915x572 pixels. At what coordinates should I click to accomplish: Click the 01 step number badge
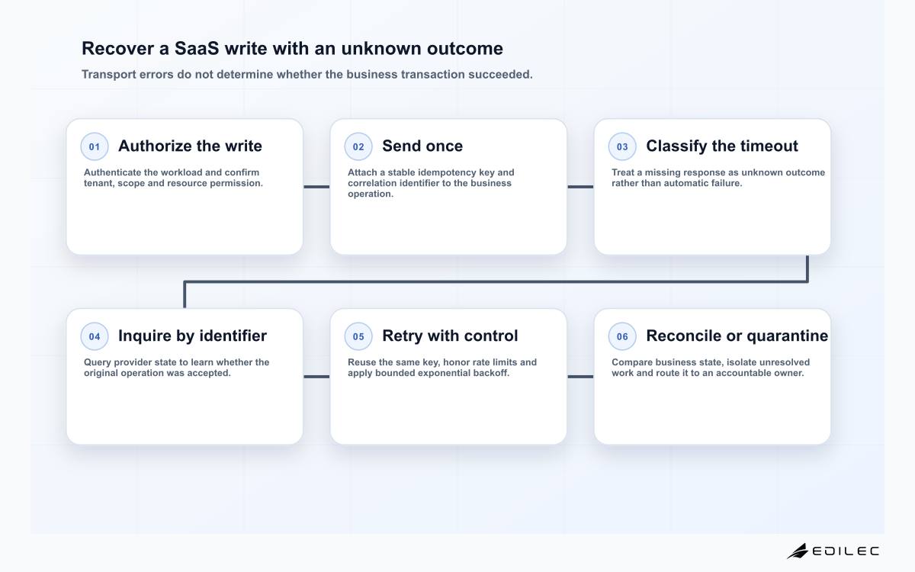[x=95, y=146]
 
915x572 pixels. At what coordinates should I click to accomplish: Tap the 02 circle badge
[x=358, y=146]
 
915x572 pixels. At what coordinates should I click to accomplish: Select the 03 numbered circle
[x=622, y=146]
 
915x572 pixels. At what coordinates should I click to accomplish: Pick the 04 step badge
[x=95, y=336]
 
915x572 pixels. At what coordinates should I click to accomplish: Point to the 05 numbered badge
[x=358, y=336]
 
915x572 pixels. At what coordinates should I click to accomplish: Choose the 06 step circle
[x=622, y=336]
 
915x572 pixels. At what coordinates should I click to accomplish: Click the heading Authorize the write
[x=190, y=146]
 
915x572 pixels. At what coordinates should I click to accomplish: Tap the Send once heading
[x=422, y=146]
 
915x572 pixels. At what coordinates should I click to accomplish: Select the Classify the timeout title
[x=722, y=146]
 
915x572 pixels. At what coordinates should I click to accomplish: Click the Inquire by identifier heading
[x=192, y=336]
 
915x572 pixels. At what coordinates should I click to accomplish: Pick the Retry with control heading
[x=450, y=336]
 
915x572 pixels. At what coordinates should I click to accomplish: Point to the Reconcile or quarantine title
[x=737, y=336]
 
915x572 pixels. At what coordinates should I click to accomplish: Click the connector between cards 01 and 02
[x=316, y=187]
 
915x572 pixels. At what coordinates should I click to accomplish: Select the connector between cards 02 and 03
[x=580, y=187]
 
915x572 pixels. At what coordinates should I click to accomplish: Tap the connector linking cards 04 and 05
[x=316, y=377]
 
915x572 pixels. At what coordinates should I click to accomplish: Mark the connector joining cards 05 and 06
[x=580, y=377]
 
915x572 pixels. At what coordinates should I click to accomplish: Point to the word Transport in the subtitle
[x=108, y=75]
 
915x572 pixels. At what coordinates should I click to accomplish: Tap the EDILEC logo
[x=833, y=551]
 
